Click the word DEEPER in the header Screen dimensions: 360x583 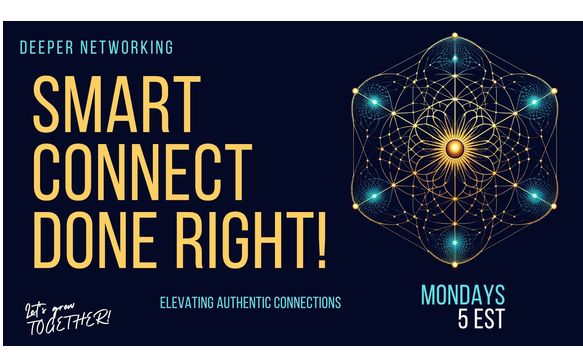[x=46, y=47]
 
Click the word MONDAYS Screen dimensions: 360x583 [x=463, y=295]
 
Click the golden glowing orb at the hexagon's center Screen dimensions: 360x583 [x=454, y=148]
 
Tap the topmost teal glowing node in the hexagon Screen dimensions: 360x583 [x=454, y=59]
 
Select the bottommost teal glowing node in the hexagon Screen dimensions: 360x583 [x=454, y=239]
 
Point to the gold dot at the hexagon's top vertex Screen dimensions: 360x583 [x=454, y=34]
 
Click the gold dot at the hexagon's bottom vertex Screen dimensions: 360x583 [x=454, y=263]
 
